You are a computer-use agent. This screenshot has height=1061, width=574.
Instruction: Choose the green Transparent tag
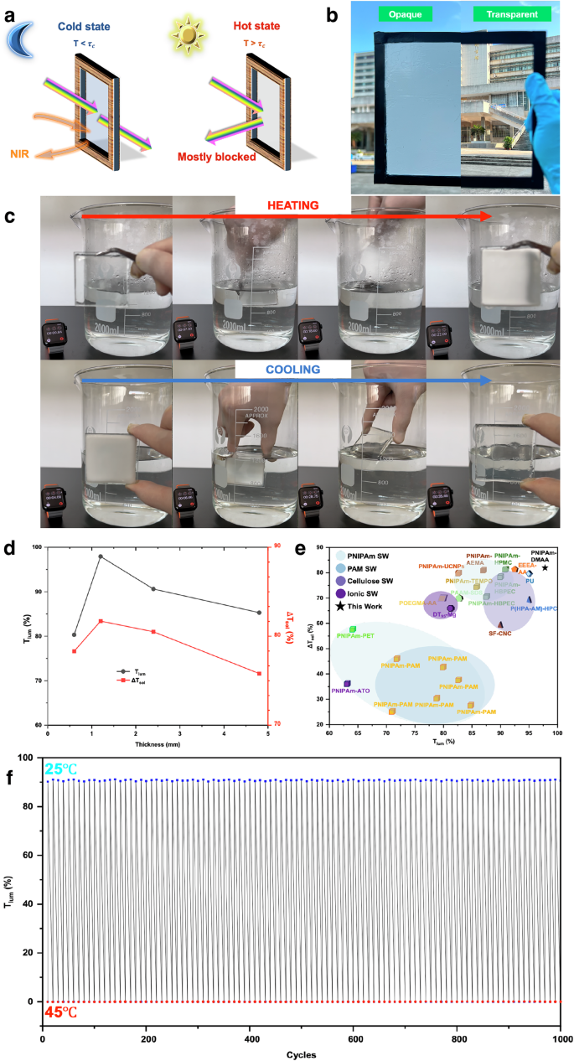coord(512,13)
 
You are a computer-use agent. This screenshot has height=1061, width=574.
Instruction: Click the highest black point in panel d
coord(101,556)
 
